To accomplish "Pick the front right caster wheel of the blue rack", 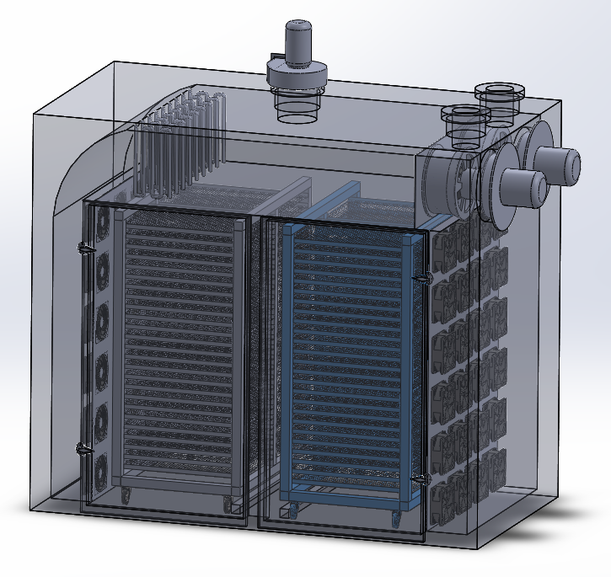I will (x=393, y=515).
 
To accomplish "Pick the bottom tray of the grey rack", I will (x=177, y=473).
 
